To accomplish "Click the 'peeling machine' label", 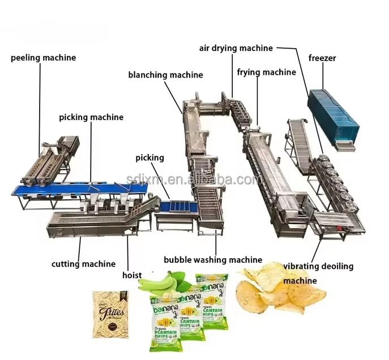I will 43,58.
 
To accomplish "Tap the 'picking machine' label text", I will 91,118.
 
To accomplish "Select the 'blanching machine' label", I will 165,75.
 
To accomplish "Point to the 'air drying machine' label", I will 236,48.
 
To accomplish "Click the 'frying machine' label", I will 266,72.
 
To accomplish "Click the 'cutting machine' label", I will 83,263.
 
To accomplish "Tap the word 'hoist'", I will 132,276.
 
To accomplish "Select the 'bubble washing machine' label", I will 213,260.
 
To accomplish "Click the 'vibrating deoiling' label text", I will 318,265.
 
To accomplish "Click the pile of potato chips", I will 280,289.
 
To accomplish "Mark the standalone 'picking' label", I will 149,157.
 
